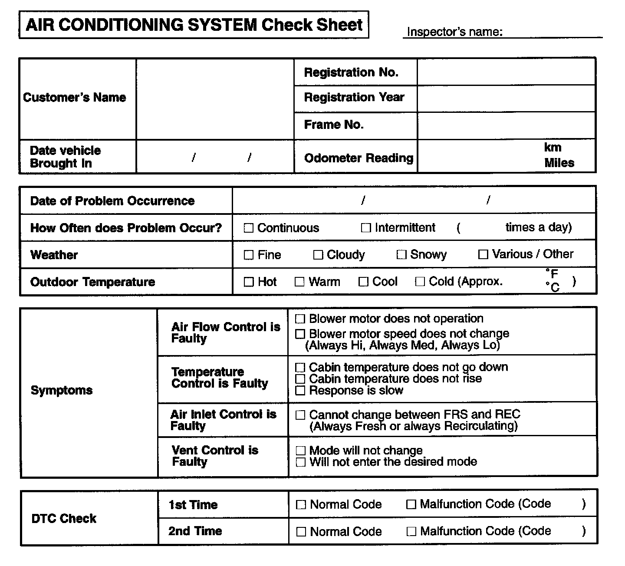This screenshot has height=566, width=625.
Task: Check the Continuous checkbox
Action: (248, 228)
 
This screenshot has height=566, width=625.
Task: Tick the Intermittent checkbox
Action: (366, 228)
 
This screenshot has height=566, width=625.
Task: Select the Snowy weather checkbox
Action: (401, 255)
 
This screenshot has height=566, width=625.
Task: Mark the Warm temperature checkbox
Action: (299, 282)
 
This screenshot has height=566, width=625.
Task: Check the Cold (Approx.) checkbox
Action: (420, 282)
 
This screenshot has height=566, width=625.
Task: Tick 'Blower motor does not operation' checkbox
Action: (300, 319)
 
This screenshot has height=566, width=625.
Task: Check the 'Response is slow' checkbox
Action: (300, 391)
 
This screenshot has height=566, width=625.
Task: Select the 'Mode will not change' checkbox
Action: (300, 451)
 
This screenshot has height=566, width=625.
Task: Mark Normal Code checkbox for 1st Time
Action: (301, 505)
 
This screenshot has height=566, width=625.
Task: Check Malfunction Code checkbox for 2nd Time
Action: (411, 532)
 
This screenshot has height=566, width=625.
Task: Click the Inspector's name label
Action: (454, 32)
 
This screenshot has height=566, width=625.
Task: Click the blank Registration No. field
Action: (506, 72)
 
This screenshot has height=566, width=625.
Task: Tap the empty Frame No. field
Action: (506, 125)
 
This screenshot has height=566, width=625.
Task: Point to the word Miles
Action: (559, 163)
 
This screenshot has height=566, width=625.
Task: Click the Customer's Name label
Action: (74, 98)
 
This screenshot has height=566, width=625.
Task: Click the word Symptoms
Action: (62, 390)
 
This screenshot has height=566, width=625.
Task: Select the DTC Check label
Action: (64, 518)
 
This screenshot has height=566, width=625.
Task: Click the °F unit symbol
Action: (552, 274)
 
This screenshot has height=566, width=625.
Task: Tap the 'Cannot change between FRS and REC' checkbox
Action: (300, 415)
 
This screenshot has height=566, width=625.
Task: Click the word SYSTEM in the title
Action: (222, 25)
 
